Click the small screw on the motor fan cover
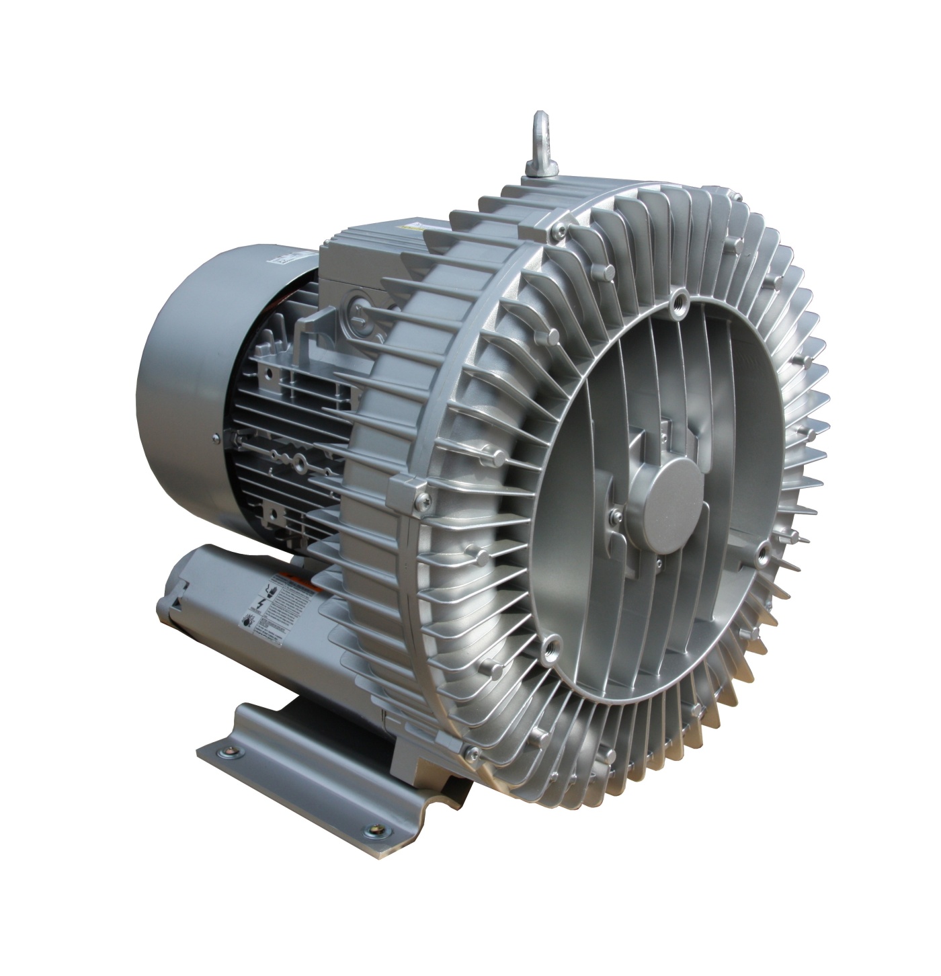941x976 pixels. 216,440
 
